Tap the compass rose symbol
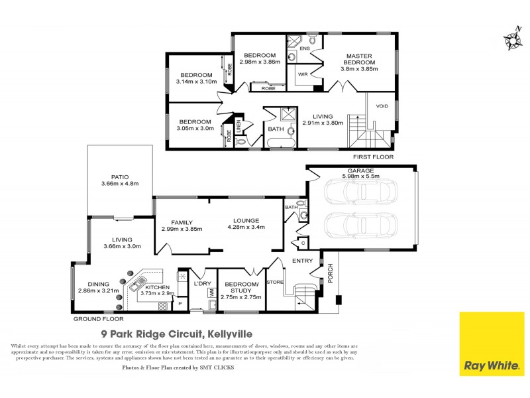[x=512, y=40]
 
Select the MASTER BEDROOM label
[x=358, y=58]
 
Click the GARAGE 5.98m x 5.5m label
[x=362, y=174]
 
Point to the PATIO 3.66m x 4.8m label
[x=119, y=180]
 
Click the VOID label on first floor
[x=382, y=106]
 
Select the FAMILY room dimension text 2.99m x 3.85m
[x=182, y=229]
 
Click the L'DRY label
[x=201, y=284]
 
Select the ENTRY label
[x=302, y=261]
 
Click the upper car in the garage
[x=362, y=192]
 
